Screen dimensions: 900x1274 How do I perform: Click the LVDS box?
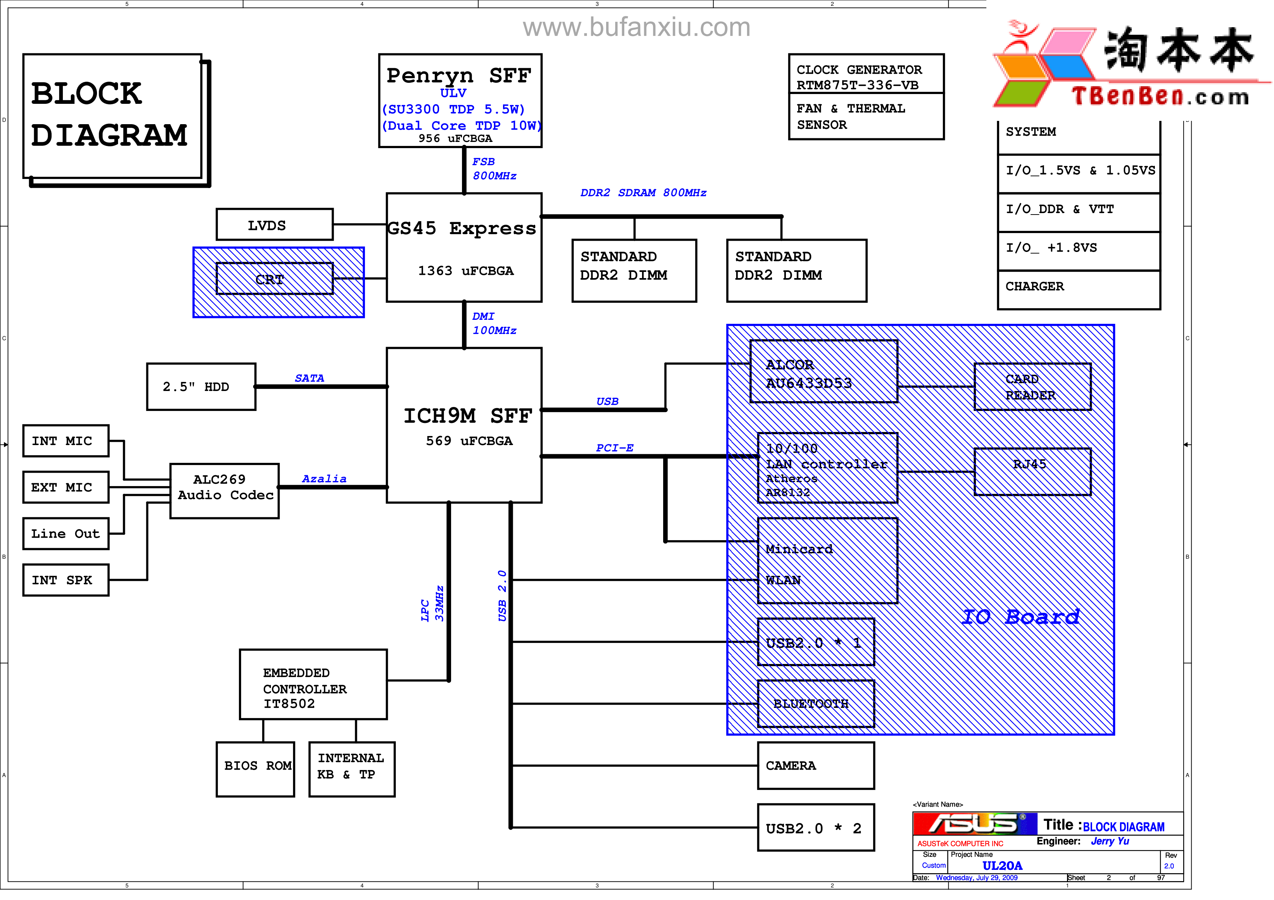click(274, 225)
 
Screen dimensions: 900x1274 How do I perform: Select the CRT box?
click(274, 279)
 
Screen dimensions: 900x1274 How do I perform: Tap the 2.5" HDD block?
click(201, 387)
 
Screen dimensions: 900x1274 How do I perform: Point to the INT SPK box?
click(65, 580)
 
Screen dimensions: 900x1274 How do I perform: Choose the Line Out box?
click(65, 533)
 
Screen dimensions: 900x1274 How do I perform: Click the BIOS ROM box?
click(255, 769)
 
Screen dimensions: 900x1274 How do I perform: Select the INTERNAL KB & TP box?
click(352, 769)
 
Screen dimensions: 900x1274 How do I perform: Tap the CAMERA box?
click(816, 766)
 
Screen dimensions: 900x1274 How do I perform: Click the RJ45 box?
click(1032, 471)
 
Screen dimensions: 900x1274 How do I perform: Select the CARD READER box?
click(1032, 387)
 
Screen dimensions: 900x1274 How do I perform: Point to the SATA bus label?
click(309, 378)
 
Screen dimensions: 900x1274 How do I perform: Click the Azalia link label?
click(324, 478)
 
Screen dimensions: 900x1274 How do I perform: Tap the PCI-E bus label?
click(614, 448)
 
